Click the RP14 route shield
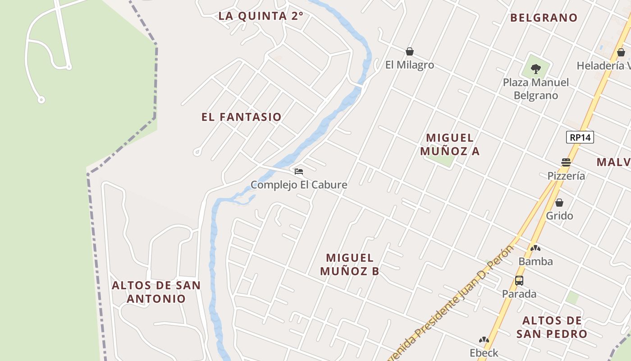[x=580, y=137]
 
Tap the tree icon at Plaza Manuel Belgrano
[x=536, y=69]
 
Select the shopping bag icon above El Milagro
[x=410, y=51]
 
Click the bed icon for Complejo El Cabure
[x=298, y=171]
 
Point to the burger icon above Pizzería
[x=566, y=162]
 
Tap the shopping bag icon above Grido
[x=559, y=203]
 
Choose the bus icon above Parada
[x=519, y=281]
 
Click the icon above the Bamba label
[x=535, y=248]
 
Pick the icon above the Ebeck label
[x=484, y=340]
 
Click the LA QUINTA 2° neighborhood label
[x=261, y=16]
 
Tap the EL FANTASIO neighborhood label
[x=242, y=117]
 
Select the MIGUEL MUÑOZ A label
[x=450, y=144]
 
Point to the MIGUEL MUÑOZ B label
[x=350, y=264]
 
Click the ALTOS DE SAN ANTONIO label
[x=156, y=292]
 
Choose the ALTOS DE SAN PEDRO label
[x=552, y=327]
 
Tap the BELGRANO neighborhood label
[x=544, y=18]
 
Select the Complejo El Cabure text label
[x=299, y=185]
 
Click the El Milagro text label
[x=410, y=65]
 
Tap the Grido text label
[x=559, y=216]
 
